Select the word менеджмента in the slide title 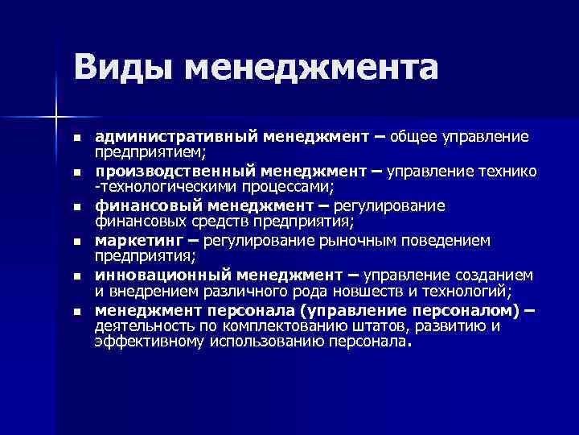(x=311, y=66)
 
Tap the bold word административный (x=179, y=138)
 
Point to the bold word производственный (x=175, y=172)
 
